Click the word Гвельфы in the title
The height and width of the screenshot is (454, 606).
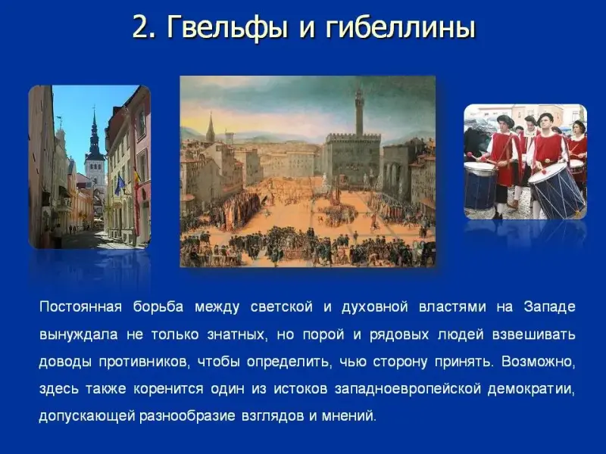228,27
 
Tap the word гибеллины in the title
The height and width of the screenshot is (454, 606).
400,27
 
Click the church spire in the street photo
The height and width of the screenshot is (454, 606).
94,131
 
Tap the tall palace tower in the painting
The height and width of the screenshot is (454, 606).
360,111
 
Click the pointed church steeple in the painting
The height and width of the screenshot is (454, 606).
211,127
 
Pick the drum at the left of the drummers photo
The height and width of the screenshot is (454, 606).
480,186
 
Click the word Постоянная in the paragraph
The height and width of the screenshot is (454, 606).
80,307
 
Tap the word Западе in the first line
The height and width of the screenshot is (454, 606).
550,307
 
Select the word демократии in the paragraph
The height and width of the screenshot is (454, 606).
532,389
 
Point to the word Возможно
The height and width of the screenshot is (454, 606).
539,362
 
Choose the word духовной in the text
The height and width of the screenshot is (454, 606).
374,307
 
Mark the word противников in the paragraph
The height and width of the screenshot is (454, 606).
144,362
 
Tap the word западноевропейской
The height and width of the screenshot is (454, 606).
408,389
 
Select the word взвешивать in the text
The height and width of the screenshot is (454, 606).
534,334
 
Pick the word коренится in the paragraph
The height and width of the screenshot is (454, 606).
168,389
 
